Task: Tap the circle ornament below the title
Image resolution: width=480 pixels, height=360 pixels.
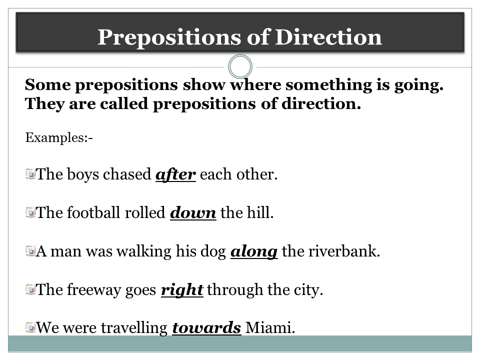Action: tap(240, 66)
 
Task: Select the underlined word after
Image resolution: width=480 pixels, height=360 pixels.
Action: tap(175, 175)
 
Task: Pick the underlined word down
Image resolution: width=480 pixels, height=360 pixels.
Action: tap(193, 213)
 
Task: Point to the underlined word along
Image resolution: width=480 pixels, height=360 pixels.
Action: tap(254, 251)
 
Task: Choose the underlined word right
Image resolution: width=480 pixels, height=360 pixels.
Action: tap(182, 290)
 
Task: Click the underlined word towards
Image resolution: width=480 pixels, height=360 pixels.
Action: tap(207, 328)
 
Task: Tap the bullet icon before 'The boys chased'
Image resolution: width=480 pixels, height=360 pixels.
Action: tap(30, 174)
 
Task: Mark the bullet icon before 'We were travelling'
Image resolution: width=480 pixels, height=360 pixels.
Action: tap(30, 328)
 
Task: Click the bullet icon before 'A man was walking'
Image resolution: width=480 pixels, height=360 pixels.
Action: tap(30, 251)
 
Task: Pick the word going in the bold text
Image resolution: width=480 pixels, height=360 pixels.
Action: tap(417, 85)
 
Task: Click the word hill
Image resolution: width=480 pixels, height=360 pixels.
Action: tap(261, 213)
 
